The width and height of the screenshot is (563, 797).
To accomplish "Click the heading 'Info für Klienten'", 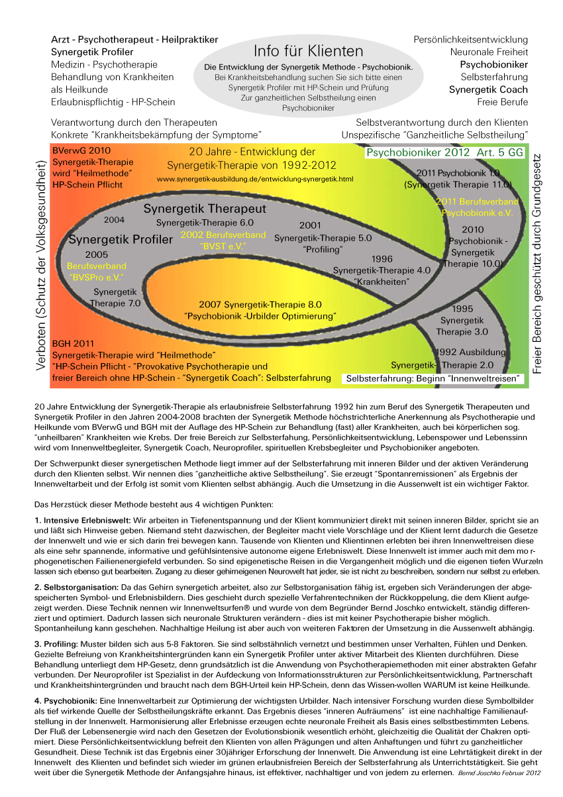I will pos(308,51).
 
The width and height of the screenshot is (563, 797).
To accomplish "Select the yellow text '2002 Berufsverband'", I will pos(223,235).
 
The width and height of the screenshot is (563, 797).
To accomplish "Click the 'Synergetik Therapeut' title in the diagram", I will pos(205,209).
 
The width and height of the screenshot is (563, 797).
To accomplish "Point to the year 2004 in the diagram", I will pos(115,219).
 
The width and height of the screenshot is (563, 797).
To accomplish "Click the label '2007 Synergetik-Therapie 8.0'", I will pos(260,305).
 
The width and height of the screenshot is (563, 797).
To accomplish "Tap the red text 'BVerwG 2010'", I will pos(81,150).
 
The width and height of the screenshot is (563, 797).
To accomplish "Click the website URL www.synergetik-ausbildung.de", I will pos(255,180).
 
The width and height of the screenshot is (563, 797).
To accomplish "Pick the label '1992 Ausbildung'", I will pos(471,352).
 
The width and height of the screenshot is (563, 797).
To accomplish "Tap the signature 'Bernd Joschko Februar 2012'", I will pos(499,773).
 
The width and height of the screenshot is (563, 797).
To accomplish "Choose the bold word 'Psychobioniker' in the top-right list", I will pos(493,65).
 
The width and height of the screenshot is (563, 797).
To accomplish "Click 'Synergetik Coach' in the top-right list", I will pos(488,90).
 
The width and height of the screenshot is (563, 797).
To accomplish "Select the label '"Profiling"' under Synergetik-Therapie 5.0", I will pos(323,249).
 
